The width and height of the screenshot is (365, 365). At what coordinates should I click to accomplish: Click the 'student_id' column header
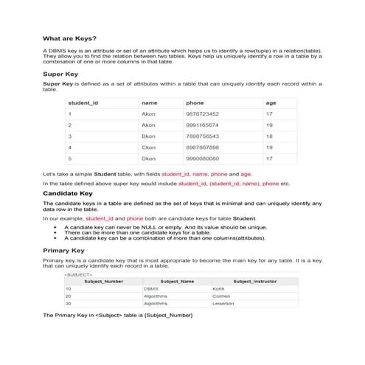click(x=83, y=102)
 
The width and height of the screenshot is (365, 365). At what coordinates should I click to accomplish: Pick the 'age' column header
click(x=271, y=102)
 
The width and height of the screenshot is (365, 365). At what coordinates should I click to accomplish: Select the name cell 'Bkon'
click(x=148, y=136)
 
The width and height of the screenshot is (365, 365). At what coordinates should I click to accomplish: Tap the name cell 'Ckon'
click(x=148, y=147)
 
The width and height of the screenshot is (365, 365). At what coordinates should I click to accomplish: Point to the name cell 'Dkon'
click(x=148, y=159)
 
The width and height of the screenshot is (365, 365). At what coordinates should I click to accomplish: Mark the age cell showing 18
click(x=269, y=136)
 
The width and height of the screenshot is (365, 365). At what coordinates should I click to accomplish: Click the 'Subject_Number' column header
click(x=104, y=281)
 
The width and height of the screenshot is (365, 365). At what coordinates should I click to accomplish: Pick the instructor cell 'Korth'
click(x=218, y=288)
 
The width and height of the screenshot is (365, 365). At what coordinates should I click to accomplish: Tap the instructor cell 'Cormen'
click(x=220, y=296)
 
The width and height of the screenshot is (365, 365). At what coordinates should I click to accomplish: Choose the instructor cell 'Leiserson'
click(x=223, y=303)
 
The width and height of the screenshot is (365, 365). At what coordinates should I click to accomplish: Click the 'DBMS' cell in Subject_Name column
click(x=150, y=288)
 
